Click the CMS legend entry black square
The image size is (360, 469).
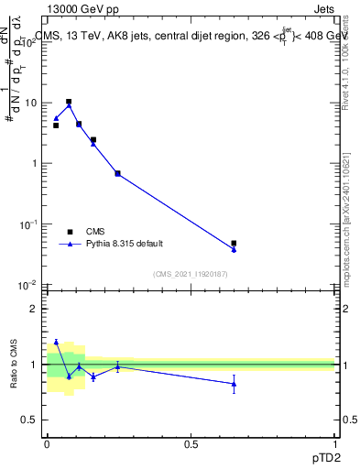click(x=69, y=232)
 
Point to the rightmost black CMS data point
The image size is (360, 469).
click(x=234, y=244)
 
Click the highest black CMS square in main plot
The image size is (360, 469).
click(x=69, y=102)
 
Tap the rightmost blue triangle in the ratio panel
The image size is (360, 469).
click(x=234, y=384)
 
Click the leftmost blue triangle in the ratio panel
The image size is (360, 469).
click(x=56, y=343)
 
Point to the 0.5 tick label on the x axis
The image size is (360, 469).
click(x=191, y=442)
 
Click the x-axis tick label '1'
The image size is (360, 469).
click(x=334, y=442)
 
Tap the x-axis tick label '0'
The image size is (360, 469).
click(x=47, y=442)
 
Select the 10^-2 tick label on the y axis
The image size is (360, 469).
click(x=27, y=285)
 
